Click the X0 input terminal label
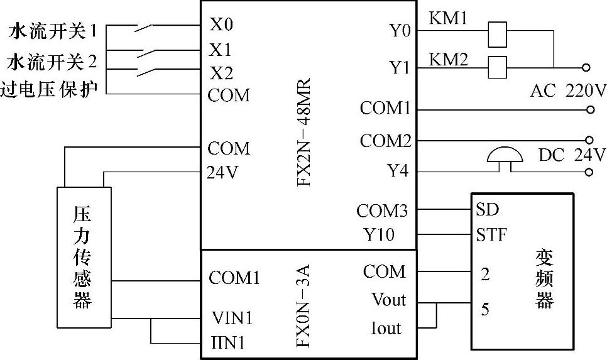click(221, 25)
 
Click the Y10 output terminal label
click(379, 235)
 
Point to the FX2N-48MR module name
click(303, 128)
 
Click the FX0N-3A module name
click(303, 305)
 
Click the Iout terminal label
click(386, 327)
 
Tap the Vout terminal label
click(388, 300)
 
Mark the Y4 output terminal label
click(397, 170)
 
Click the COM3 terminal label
click(382, 210)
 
